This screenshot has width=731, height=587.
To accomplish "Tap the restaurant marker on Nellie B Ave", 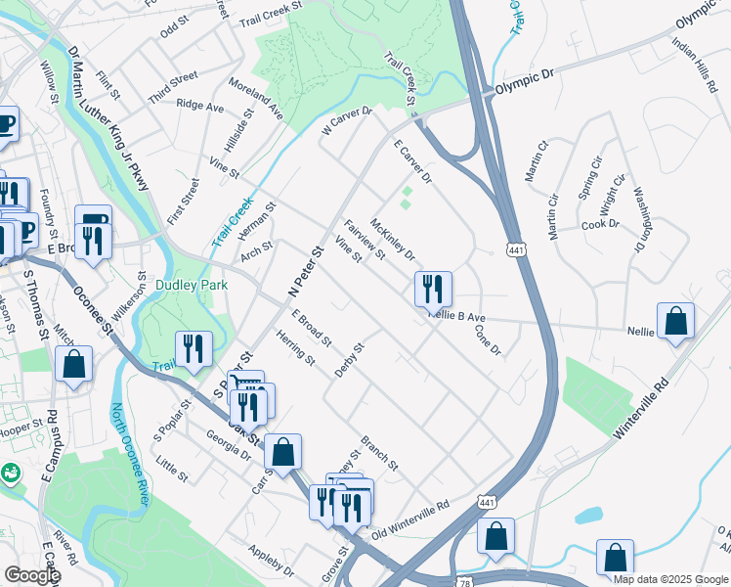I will (x=432, y=289).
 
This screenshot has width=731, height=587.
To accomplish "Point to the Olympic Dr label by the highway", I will (x=524, y=86).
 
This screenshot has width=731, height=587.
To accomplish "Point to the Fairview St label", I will (x=365, y=239).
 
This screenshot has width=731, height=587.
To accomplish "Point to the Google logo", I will (x=32, y=575).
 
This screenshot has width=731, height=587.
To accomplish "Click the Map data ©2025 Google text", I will (x=669, y=579).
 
